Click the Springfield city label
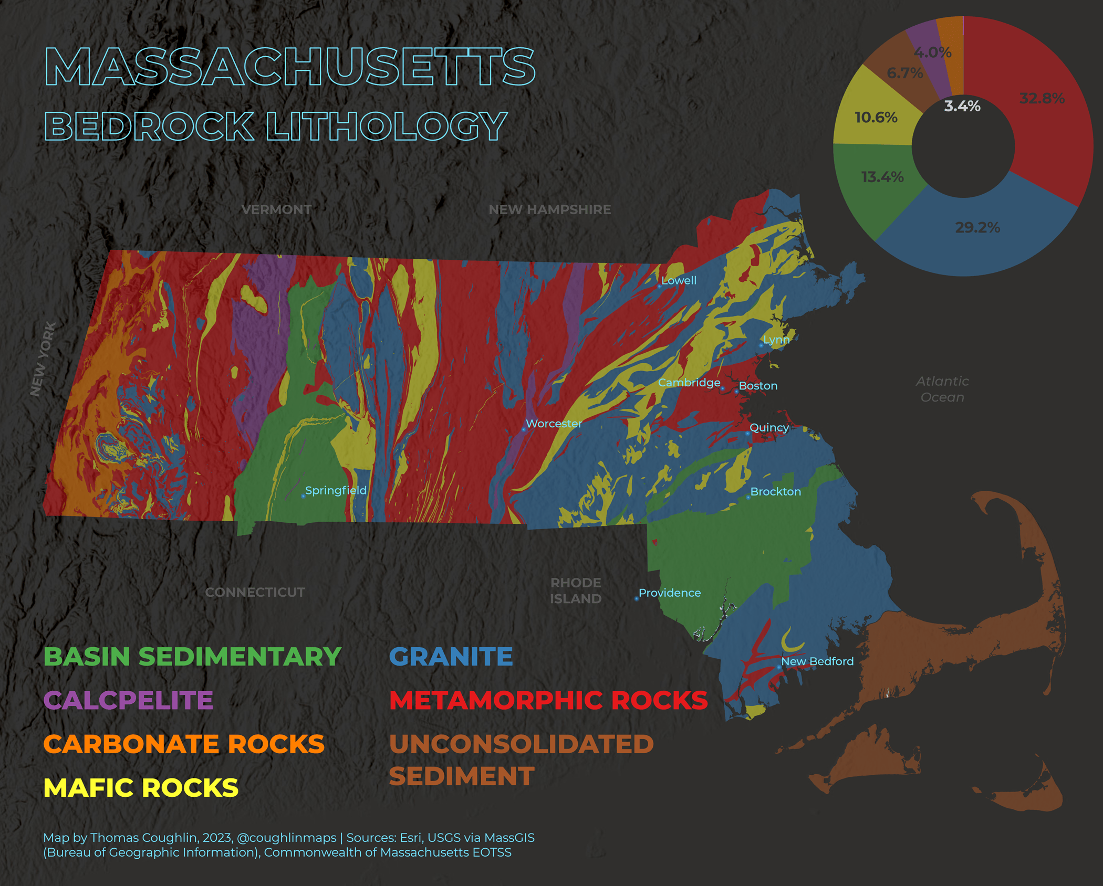pyautogui.click(x=336, y=490)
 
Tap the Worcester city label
pyautogui.click(x=554, y=424)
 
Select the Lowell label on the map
pyautogui.click(x=679, y=280)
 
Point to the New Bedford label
pyautogui.click(x=817, y=661)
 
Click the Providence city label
pyautogui.click(x=670, y=593)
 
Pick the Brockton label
pyautogui.click(x=775, y=492)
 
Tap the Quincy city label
pyautogui.click(x=769, y=427)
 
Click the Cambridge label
pyautogui.click(x=689, y=383)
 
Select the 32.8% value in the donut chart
pyautogui.click(x=1042, y=98)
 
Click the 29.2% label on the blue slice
pyautogui.click(x=977, y=227)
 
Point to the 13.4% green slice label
pyautogui.click(x=882, y=177)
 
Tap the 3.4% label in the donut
pyautogui.click(x=962, y=106)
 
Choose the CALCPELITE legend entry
pyautogui.click(x=128, y=700)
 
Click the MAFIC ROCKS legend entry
pyautogui.click(x=141, y=788)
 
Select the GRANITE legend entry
pyautogui.click(x=451, y=657)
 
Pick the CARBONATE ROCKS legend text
pyautogui.click(x=184, y=744)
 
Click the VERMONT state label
pyautogui.click(x=276, y=209)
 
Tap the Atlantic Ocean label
pyautogui.click(x=942, y=389)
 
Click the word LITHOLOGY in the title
pyautogui.click(x=386, y=126)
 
